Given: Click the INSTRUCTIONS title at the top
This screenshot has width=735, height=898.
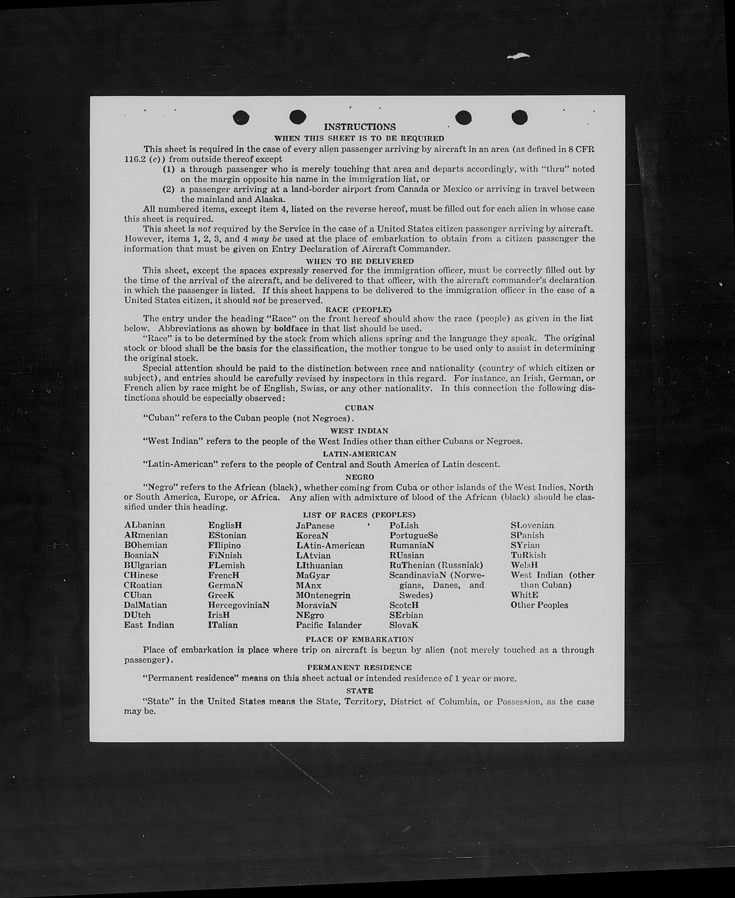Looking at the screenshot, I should (x=360, y=127).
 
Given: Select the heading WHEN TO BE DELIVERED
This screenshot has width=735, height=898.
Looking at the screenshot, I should (x=360, y=261).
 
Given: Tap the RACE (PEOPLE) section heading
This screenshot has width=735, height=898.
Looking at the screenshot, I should (x=358, y=309).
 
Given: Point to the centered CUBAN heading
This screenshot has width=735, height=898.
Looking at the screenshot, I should (x=359, y=408).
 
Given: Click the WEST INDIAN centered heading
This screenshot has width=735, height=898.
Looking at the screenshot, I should (x=359, y=431).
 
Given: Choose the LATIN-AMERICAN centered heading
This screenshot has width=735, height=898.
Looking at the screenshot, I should (x=359, y=454).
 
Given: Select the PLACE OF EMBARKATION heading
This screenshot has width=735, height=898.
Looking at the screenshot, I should (x=359, y=639).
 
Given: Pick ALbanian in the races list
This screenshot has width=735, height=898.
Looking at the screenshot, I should (x=144, y=525).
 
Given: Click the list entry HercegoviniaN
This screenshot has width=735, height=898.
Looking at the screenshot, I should (x=238, y=605).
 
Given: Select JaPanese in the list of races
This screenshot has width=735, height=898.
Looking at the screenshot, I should (x=315, y=526).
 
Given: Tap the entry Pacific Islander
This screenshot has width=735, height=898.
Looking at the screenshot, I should (x=328, y=625).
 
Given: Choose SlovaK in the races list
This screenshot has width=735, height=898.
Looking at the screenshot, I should (x=404, y=625).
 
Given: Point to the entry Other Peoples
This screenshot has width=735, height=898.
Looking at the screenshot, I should (x=539, y=605).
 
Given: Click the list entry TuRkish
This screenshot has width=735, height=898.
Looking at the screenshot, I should (x=528, y=555).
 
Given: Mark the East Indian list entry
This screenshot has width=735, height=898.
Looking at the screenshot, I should (x=149, y=625).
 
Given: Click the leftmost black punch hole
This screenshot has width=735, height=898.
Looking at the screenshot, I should (x=241, y=117).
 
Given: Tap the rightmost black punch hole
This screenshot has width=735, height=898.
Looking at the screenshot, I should (x=519, y=117).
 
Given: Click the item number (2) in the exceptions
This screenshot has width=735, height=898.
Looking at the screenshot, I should (x=168, y=189).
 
